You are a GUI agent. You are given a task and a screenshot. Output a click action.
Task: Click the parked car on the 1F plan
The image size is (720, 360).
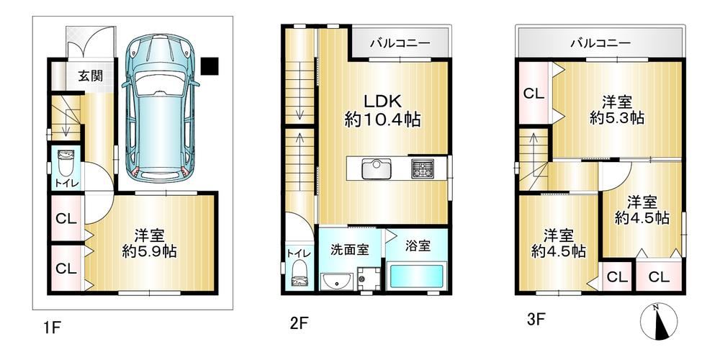coord(161,108)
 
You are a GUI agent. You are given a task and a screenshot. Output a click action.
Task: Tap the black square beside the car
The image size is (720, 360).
coord(210,66)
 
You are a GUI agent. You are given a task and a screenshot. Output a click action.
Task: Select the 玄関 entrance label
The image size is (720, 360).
coord(89,76)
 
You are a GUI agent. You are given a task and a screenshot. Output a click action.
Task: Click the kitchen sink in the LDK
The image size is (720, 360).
coord(376,169)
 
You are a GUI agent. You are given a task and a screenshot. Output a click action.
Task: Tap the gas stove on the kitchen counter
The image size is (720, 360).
coord(423,168)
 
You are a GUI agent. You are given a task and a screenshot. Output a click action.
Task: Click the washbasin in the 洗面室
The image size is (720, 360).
coord(337,281)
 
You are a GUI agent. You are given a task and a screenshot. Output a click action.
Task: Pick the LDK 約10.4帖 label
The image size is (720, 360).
coord(382,110)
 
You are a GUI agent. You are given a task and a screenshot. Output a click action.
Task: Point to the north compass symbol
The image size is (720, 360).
coord(659,323)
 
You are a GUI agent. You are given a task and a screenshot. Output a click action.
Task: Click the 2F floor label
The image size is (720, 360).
coord(298,324)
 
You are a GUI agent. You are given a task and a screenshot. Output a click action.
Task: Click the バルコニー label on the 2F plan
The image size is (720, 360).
coord(400,44)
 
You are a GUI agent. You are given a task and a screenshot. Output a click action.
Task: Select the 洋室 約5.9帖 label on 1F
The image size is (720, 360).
coord(149,243)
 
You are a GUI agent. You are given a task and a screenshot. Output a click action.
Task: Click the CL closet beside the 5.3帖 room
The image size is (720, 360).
coord(534,94)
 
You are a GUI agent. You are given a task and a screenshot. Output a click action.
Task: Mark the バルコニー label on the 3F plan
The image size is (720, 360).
coord(600,44)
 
